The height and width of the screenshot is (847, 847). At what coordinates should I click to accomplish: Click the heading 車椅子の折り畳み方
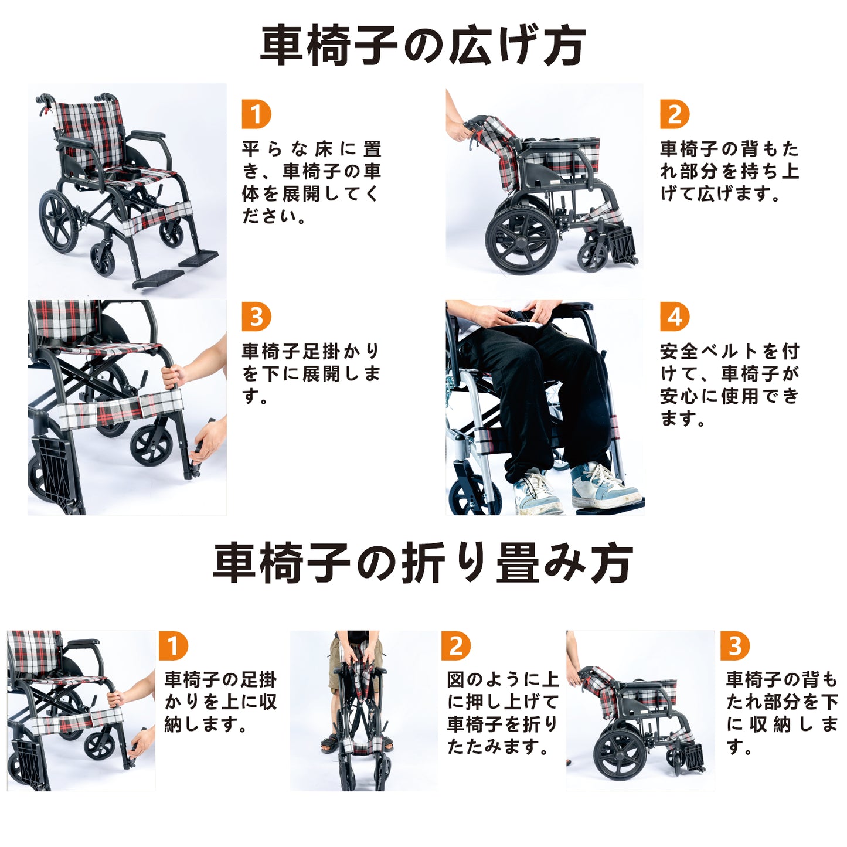(423, 563)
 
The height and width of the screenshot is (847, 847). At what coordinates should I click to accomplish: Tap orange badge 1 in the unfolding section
(256, 114)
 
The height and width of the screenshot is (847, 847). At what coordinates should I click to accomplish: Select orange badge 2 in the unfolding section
(675, 114)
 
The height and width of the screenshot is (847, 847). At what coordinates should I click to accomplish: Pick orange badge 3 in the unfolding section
(256, 317)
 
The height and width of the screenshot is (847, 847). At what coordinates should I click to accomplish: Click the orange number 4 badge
(675, 317)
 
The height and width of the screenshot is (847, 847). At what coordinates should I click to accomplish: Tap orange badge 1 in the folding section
(173, 646)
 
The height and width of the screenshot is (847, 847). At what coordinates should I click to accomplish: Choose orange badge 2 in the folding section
(456, 646)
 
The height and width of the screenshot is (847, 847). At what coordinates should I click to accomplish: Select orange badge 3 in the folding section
(735, 646)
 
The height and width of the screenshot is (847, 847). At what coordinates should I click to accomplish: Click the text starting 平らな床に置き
(311, 182)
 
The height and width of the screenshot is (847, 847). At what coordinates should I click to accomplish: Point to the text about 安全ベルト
(730, 385)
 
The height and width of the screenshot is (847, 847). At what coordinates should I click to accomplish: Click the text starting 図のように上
(503, 713)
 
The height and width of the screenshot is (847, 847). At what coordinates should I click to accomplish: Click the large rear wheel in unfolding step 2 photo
(522, 239)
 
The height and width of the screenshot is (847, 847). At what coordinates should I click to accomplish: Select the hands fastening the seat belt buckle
(519, 313)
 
